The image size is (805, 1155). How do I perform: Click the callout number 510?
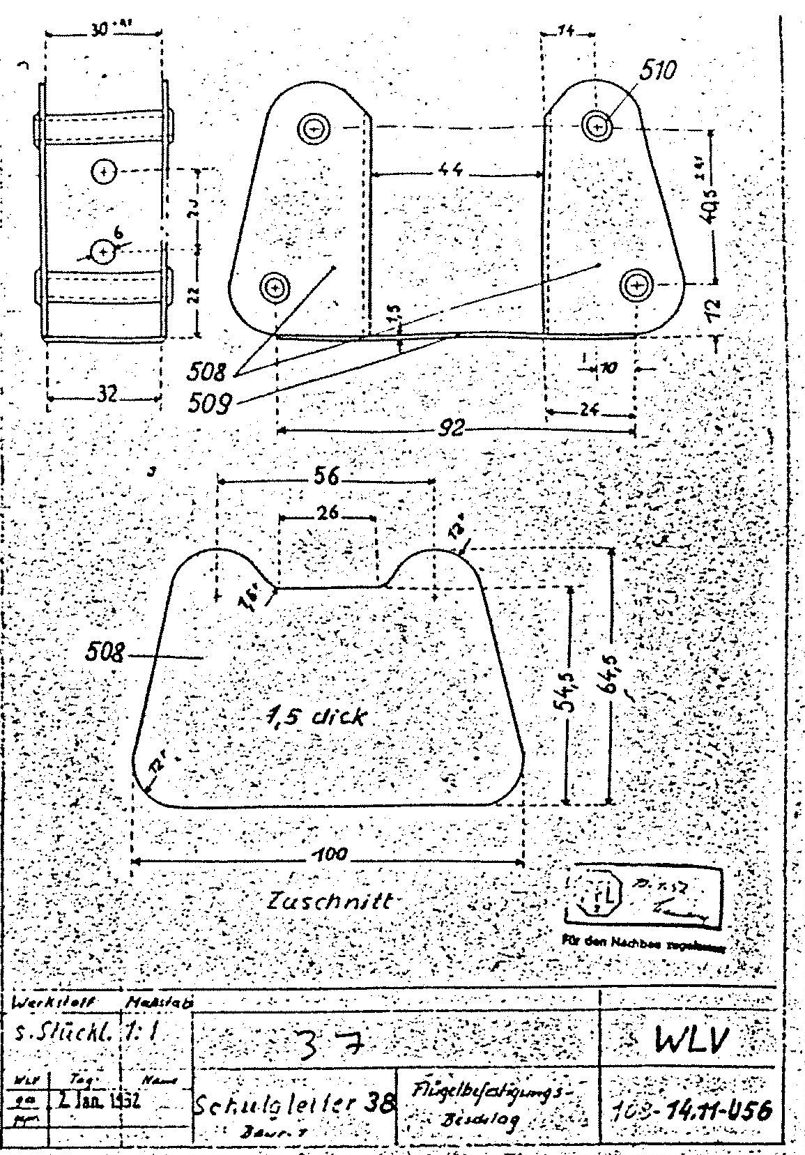click(658, 70)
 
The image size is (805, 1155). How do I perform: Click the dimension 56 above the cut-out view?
click(325, 477)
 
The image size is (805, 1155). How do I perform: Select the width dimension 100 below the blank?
click(328, 856)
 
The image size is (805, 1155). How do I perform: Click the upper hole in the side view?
click(105, 170)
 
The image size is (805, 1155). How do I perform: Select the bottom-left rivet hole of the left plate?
click(275, 286)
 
